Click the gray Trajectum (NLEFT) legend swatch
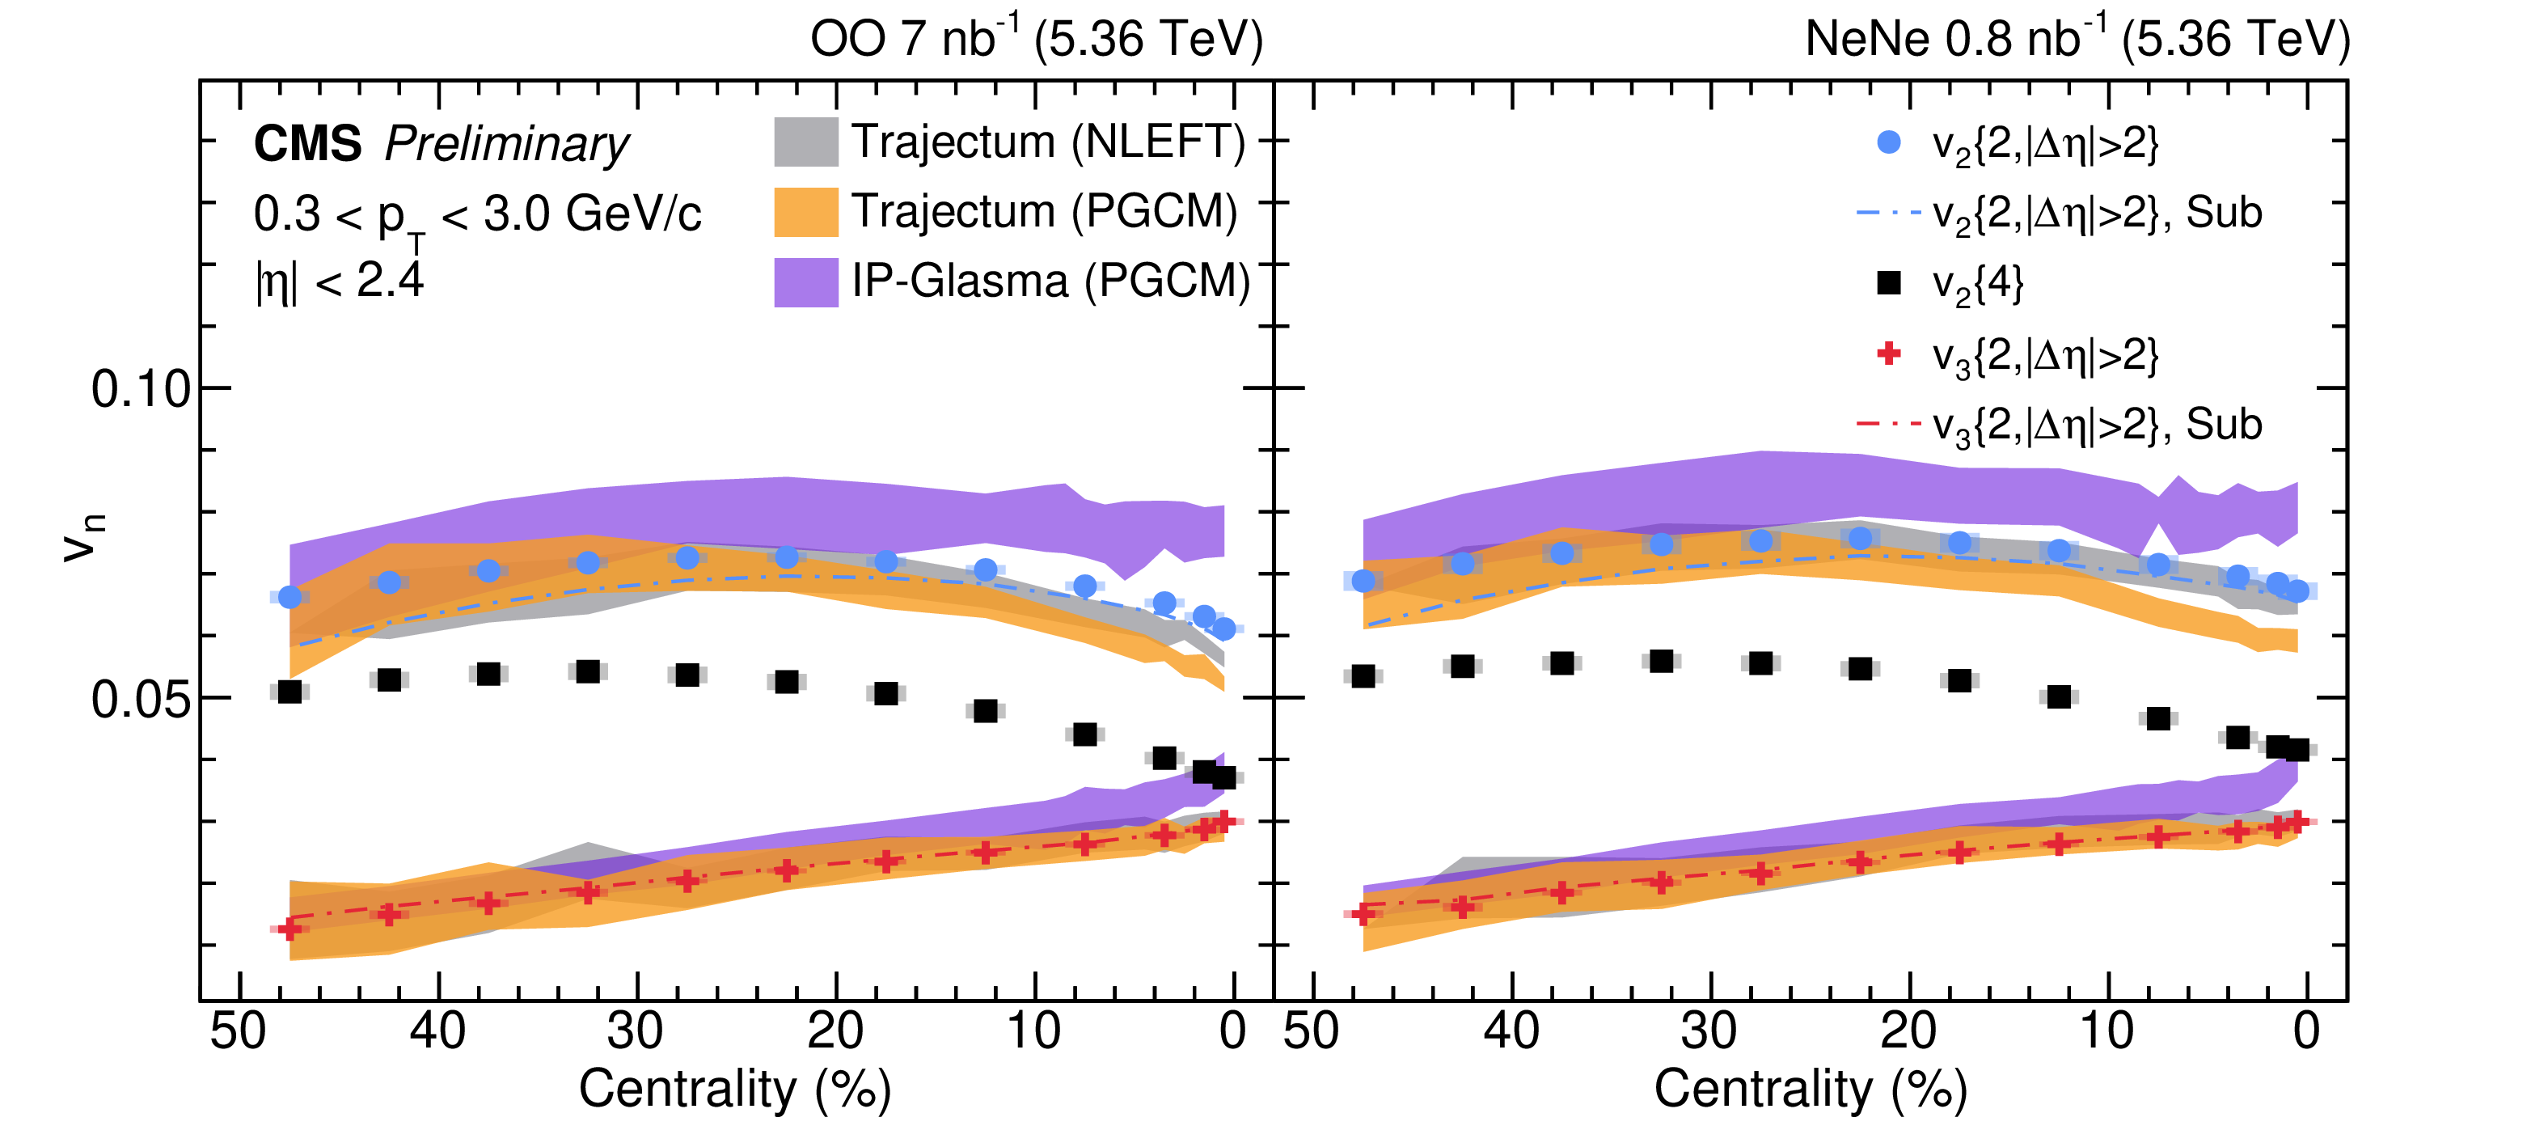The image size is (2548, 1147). [805, 142]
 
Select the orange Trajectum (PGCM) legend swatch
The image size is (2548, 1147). [805, 212]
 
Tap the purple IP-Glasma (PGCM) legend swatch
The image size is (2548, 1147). [805, 282]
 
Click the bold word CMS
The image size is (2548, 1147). [307, 145]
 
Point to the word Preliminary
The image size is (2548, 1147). [506, 145]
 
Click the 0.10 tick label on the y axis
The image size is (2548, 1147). [141, 389]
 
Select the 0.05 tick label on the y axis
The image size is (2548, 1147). [141, 700]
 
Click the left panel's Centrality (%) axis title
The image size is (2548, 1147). [735, 1089]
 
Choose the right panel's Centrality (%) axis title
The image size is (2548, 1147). [1810, 1089]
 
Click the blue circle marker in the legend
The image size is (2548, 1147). [1888, 142]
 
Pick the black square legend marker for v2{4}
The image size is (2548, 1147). [1888, 283]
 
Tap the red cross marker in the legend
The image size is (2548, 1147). [1888, 353]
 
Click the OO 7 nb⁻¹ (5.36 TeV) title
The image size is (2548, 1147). [1036, 40]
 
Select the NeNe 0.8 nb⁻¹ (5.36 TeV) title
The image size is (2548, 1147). [2077, 40]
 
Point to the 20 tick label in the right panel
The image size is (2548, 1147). [1908, 1031]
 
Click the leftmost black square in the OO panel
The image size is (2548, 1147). [289, 692]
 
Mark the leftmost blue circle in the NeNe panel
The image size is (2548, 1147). [1363, 581]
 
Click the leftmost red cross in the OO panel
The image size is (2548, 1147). [289, 929]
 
